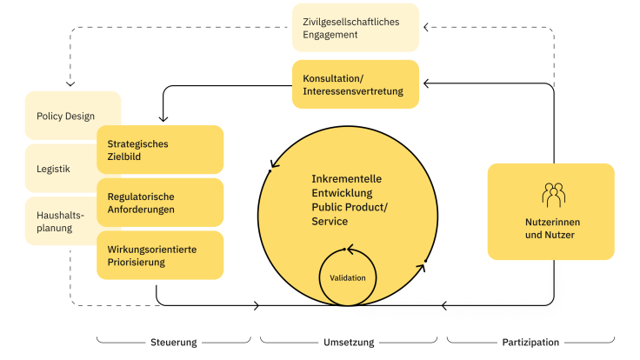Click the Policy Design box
coord(65,116)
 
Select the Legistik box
coord(54,169)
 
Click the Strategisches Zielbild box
coord(160,150)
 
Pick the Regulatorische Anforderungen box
coord(160,203)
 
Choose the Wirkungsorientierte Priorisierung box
coord(160,255)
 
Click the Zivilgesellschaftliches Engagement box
coord(355,27)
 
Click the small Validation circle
coord(347,277)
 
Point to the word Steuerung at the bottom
coord(175,342)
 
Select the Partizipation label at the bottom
coord(530,342)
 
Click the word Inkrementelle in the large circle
coord(346,178)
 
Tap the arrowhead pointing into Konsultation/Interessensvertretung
coord(423,83)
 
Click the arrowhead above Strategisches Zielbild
coord(160,120)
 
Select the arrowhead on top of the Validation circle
coord(349,250)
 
